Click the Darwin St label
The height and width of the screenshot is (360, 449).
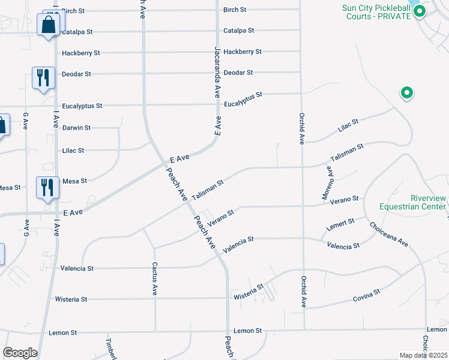tap(76, 128)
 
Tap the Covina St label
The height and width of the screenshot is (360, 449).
tap(367, 295)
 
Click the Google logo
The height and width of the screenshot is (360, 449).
tap(20, 352)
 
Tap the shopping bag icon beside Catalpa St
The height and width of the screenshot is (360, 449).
tap(47, 25)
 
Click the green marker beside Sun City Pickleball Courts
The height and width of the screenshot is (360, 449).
tap(420, 11)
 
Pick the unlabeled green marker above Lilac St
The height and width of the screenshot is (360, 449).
tap(406, 93)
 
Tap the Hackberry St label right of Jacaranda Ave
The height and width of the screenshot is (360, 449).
tap(243, 52)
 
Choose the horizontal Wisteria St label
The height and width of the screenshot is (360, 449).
tap(71, 299)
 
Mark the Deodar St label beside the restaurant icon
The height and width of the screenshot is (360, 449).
tap(76, 74)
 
